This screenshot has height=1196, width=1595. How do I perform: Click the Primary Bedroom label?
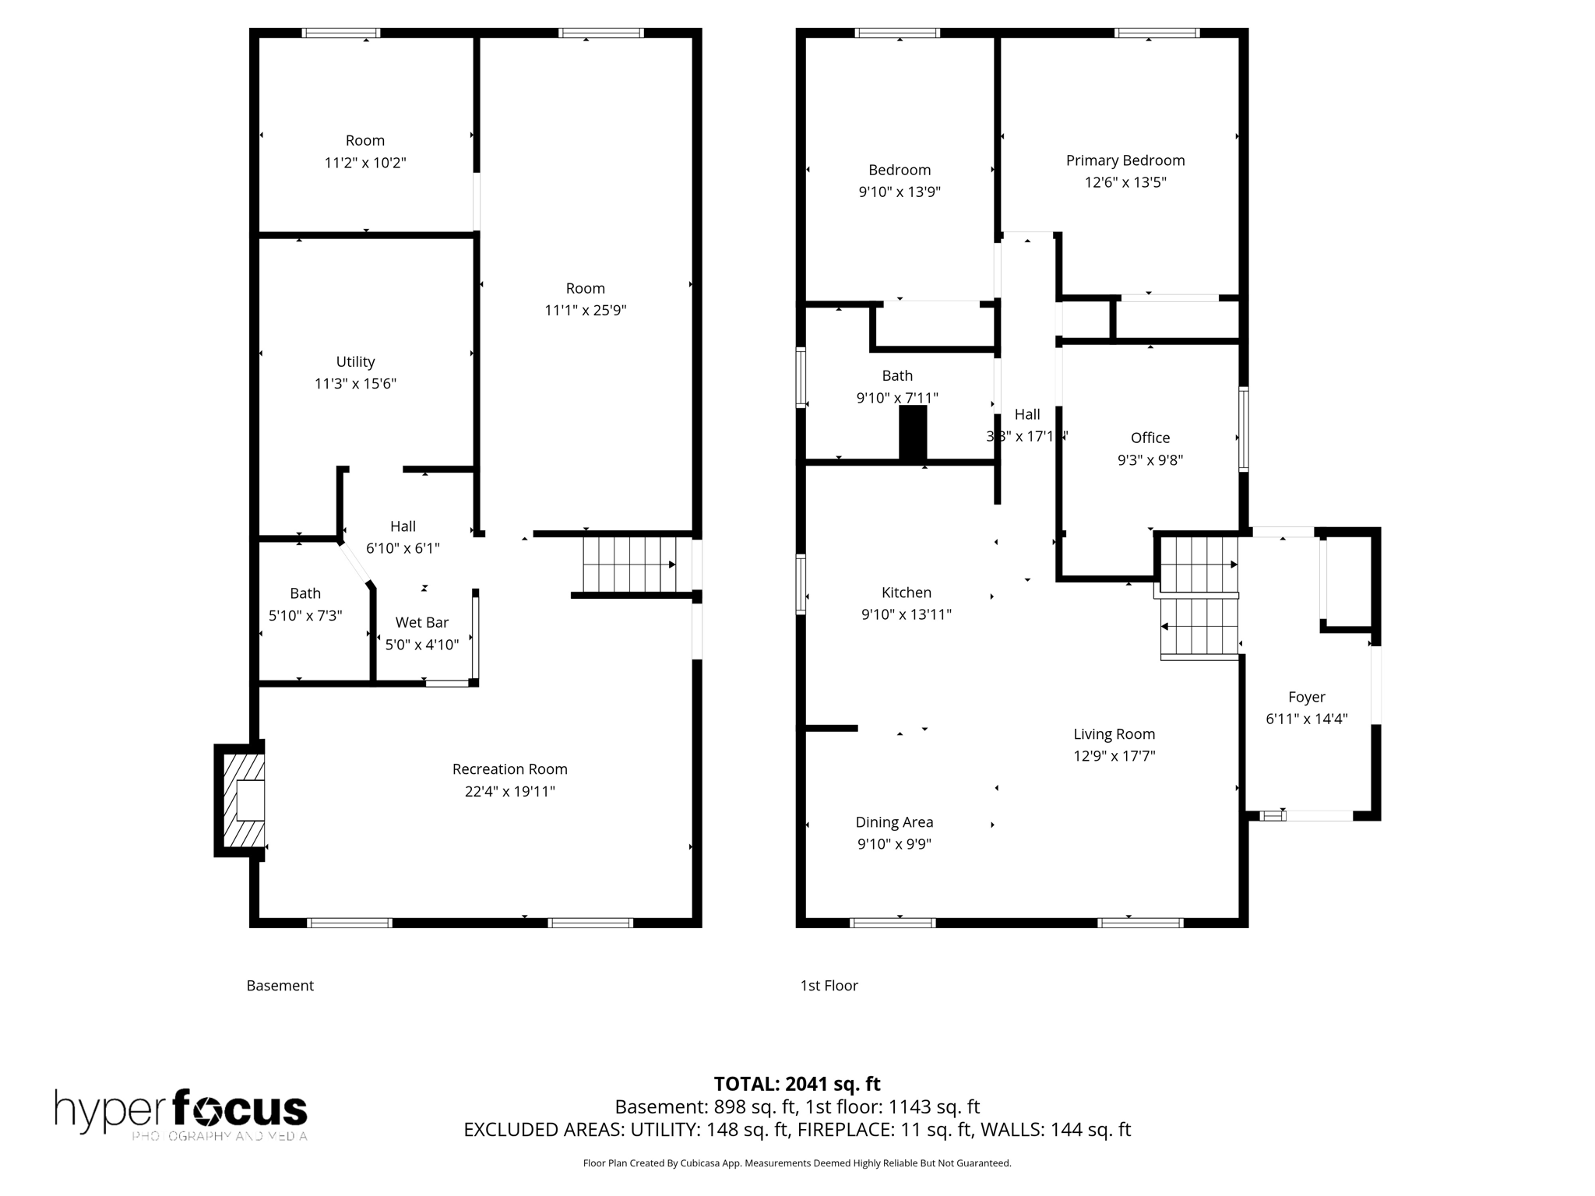pyautogui.click(x=1125, y=160)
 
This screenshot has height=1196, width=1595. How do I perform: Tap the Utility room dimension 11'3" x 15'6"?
pyautogui.click(x=355, y=384)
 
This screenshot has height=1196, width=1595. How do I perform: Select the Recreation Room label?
pyautogui.click(x=509, y=769)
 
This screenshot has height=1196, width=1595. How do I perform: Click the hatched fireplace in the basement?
pyautogui.click(x=242, y=800)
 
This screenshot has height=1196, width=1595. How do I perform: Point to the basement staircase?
pyautogui.click(x=629, y=565)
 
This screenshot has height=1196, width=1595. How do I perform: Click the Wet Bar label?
pyautogui.click(x=421, y=622)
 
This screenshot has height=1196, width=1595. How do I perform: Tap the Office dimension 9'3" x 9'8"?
pyautogui.click(x=1150, y=460)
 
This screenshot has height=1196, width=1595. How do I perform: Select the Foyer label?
pyautogui.click(x=1306, y=697)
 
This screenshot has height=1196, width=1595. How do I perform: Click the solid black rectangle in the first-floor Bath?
pyautogui.click(x=913, y=433)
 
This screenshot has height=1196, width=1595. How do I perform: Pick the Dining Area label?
pyautogui.click(x=894, y=822)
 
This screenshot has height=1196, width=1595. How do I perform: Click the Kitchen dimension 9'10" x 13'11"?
pyautogui.click(x=906, y=614)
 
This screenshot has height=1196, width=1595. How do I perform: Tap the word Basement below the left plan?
pyautogui.click(x=280, y=986)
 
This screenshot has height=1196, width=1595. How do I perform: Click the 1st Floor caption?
pyautogui.click(x=829, y=986)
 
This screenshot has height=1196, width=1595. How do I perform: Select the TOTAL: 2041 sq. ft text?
pyautogui.click(x=797, y=1084)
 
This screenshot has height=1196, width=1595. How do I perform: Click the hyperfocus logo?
pyautogui.click(x=181, y=1113)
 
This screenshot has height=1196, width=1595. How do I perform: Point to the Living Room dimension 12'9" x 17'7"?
pyautogui.click(x=1114, y=756)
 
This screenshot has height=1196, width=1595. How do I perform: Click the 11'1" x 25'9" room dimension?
pyautogui.click(x=585, y=311)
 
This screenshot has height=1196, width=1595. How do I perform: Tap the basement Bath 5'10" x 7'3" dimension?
pyautogui.click(x=305, y=616)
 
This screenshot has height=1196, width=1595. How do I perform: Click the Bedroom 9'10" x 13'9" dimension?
pyautogui.click(x=900, y=192)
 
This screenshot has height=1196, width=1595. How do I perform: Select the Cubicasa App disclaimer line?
pyautogui.click(x=797, y=1163)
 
